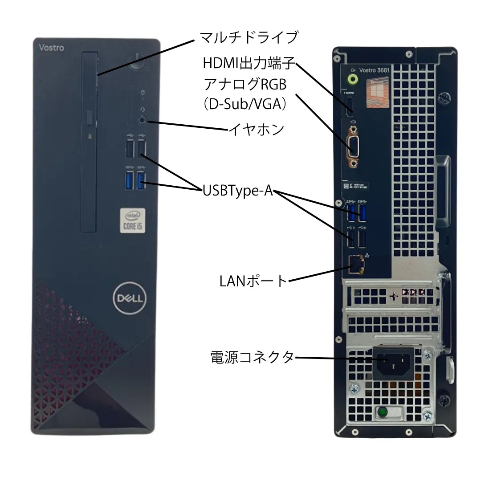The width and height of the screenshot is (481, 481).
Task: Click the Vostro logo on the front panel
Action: pyautogui.click(x=51, y=48)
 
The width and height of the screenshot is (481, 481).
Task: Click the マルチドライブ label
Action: pyautogui.click(x=249, y=37)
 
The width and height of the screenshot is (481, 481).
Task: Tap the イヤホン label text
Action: pyautogui.click(x=256, y=129)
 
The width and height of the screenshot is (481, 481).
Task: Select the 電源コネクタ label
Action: pyautogui.click(x=252, y=357)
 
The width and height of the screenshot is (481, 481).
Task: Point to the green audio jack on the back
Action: pyautogui.click(x=353, y=79)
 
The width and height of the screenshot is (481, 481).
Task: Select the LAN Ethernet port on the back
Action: pyautogui.click(x=355, y=264)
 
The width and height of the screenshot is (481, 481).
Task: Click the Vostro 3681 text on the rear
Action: pyautogui.click(x=374, y=70)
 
